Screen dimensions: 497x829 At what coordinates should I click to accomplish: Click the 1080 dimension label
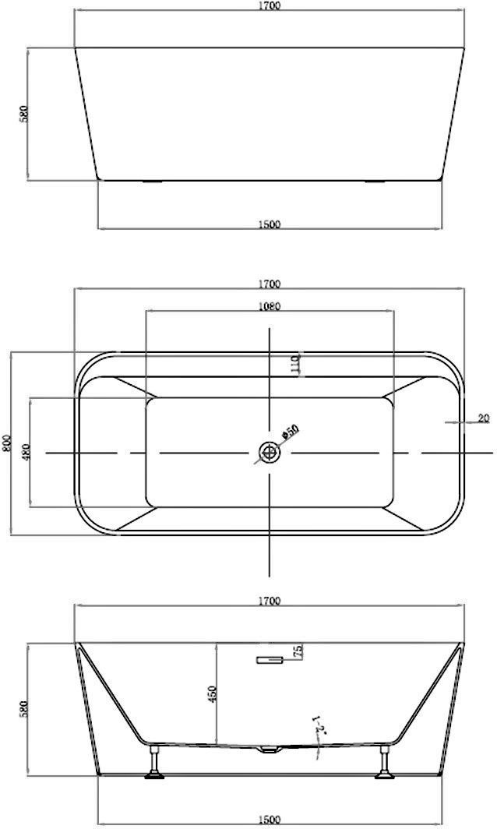(x=269, y=306)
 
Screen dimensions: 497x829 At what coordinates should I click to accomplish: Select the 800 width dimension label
(x=6, y=443)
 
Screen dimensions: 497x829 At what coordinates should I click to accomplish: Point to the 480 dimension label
(x=26, y=451)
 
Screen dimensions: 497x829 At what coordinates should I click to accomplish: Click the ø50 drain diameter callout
(x=291, y=432)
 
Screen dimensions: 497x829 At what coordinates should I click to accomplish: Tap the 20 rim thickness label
(x=483, y=418)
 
